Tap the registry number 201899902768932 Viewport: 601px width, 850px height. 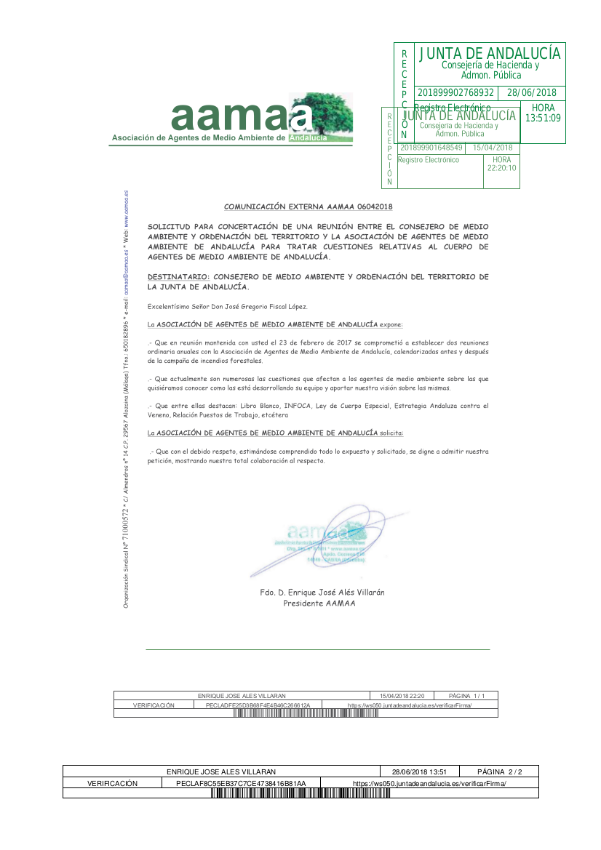[x=456, y=93]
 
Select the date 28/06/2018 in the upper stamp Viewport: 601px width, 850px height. [x=531, y=93]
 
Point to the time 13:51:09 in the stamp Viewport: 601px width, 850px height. [x=543, y=118]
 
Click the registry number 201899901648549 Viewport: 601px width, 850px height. [x=432, y=148]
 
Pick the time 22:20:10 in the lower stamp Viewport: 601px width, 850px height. [x=501, y=168]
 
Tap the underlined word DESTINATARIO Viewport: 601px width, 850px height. [x=178, y=277]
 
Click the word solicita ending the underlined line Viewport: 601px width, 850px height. [x=391, y=433]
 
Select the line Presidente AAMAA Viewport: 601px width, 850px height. [x=319, y=604]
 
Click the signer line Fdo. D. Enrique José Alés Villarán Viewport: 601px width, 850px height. [x=322, y=593]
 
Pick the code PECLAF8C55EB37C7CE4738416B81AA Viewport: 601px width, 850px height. [x=241, y=784]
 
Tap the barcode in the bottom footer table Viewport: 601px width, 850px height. [x=300, y=793]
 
